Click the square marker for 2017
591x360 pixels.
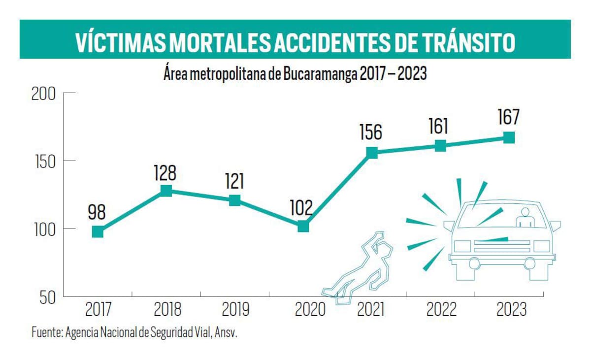[x=98, y=231]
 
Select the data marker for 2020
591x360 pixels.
[x=303, y=227]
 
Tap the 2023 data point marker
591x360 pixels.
[x=509, y=137]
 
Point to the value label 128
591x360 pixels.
[x=165, y=173]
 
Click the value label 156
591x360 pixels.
[x=370, y=132]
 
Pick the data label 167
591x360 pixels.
[x=508, y=118]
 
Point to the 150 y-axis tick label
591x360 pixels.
[x=44, y=162]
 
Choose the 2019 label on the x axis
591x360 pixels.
[x=235, y=310]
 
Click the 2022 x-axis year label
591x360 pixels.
[x=440, y=310]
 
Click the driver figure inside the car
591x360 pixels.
[x=525, y=218]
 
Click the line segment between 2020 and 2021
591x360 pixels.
[x=337, y=190]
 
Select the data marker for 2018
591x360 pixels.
[x=166, y=191]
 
